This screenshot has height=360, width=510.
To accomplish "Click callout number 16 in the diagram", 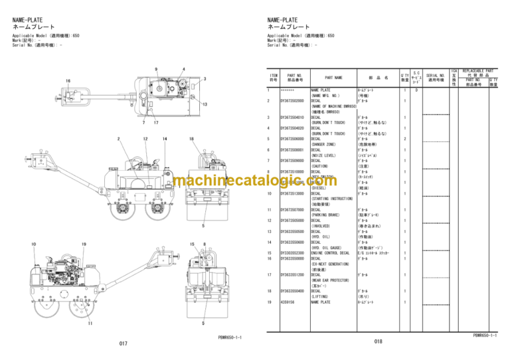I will point(68,81).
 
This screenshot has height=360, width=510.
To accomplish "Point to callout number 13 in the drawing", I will point(205,105).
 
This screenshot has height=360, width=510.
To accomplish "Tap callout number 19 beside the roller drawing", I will point(84,244).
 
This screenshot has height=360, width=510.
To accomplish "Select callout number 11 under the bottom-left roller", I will point(90,323).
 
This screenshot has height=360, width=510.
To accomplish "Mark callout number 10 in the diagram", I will point(34,244).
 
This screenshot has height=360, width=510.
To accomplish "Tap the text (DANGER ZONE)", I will point(326,143).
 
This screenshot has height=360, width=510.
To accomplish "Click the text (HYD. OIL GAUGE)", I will point(329,248).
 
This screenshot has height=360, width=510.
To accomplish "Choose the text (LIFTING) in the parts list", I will point(322,297).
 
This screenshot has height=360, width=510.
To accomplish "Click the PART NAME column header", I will point(333,78).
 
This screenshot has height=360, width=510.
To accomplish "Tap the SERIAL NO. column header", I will point(436,78).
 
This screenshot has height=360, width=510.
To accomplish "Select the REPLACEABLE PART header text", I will point(479,70).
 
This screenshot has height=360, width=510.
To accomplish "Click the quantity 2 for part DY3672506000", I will point(405,138).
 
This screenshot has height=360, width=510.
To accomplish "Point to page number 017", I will point(123,343).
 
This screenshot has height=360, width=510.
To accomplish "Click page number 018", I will point(378,342).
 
